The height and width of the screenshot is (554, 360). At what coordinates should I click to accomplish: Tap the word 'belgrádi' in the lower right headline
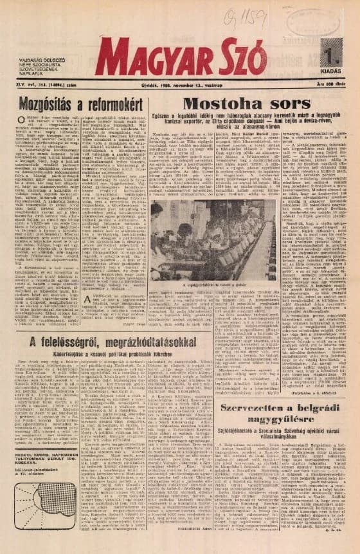[312, 409]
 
